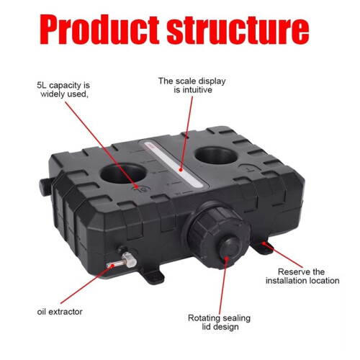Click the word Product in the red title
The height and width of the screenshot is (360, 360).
click(x=99, y=30)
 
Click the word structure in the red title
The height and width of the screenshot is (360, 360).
click(x=238, y=30)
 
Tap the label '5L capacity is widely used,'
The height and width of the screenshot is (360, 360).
click(x=63, y=89)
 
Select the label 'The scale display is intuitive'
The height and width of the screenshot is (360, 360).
click(x=192, y=85)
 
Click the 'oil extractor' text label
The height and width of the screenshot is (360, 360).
click(x=60, y=312)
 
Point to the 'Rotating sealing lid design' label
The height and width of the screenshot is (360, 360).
click(x=219, y=323)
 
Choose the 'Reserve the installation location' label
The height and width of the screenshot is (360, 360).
click(x=302, y=276)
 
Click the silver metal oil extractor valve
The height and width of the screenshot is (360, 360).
click(x=122, y=261)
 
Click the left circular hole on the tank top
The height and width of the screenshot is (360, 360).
click(x=123, y=173)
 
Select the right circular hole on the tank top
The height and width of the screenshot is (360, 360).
click(x=217, y=156)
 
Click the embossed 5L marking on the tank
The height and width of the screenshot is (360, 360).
click(x=140, y=189)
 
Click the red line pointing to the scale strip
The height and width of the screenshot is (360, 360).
click(x=186, y=133)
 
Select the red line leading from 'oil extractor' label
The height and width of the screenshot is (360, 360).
click(x=86, y=284)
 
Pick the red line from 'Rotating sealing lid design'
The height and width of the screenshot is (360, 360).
click(x=223, y=286)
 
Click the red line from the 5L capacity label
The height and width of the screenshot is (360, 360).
click(x=101, y=145)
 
